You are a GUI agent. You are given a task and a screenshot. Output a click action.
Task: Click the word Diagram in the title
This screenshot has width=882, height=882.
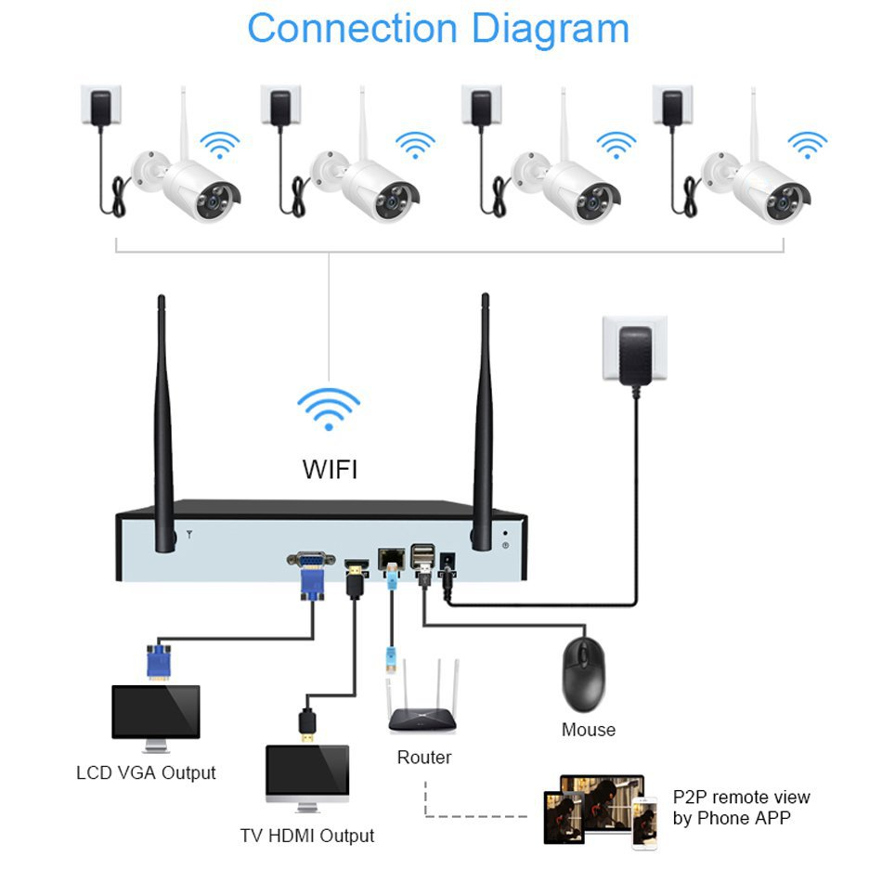click(x=551, y=28)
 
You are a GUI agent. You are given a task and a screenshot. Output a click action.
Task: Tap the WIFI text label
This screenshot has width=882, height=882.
click(x=330, y=470)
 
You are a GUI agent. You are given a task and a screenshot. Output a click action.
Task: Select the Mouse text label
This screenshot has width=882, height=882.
click(x=588, y=730)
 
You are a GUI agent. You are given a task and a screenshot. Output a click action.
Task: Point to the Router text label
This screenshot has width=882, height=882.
click(x=424, y=758)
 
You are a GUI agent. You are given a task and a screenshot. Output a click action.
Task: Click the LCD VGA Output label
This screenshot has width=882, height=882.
click(x=146, y=772)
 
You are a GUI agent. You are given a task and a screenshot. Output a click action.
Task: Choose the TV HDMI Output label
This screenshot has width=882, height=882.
click(x=307, y=836)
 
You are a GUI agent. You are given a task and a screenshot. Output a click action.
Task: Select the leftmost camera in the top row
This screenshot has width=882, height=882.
click(x=190, y=181)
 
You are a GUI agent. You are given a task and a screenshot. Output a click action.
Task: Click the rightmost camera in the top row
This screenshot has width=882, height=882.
click(x=761, y=181)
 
